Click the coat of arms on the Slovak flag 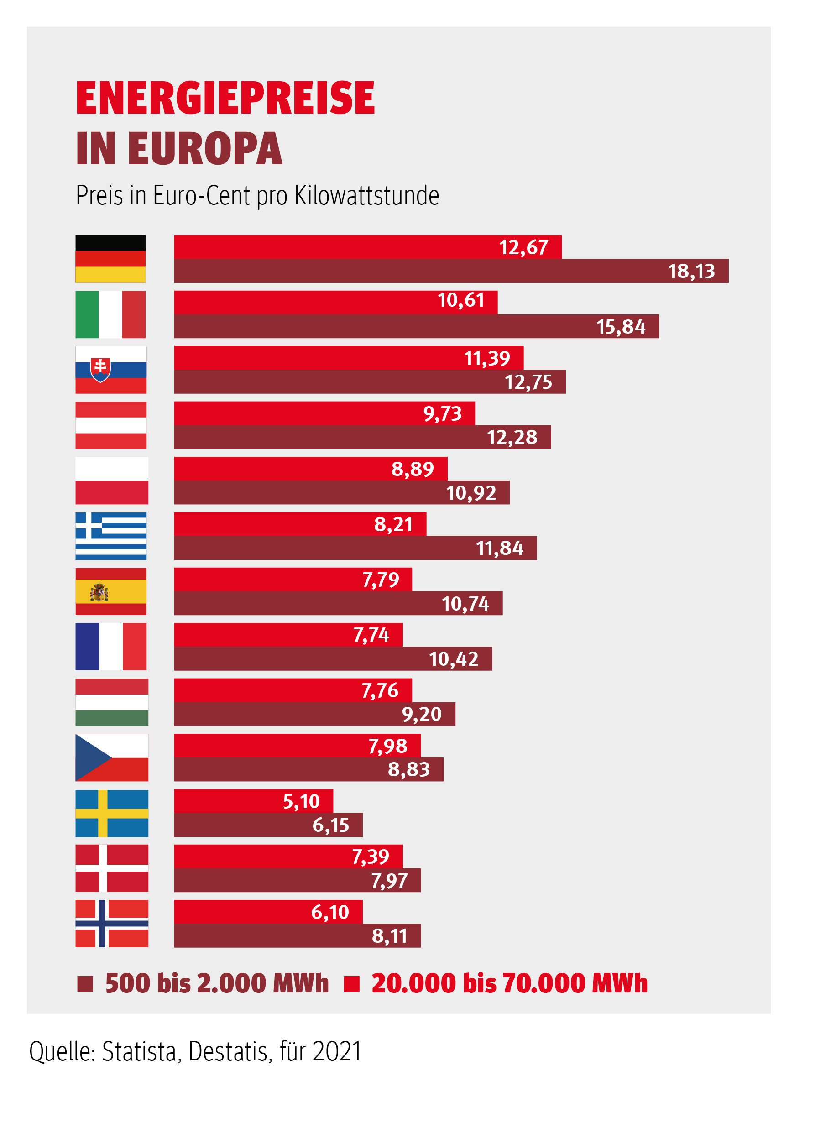(100, 369)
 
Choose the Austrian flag (111, 425)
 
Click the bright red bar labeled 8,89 (310, 469)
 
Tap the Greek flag (111, 536)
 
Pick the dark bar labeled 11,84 (355, 548)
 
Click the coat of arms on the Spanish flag (99, 592)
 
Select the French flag (111, 646)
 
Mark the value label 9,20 (422, 714)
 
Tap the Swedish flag (112, 813)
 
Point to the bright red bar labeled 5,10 (254, 801)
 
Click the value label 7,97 (389, 881)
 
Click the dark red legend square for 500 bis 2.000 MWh (85, 984)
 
